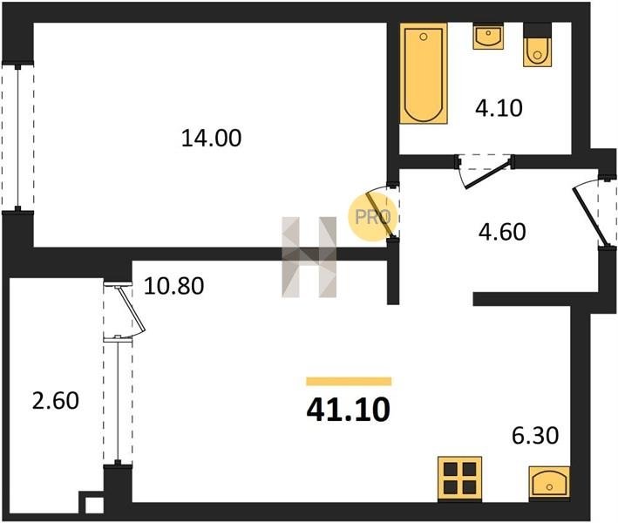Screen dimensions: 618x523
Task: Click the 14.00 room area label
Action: [x=211, y=139]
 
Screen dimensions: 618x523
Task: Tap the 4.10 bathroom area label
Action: [x=499, y=108]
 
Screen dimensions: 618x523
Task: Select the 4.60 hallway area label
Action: [x=502, y=232]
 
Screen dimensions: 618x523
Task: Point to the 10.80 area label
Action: [x=173, y=286]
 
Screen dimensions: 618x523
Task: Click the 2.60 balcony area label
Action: [x=56, y=400]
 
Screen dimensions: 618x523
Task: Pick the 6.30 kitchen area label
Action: [x=535, y=436]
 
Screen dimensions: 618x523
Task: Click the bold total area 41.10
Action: [x=349, y=410]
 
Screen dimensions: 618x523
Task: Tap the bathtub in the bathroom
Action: [x=424, y=73]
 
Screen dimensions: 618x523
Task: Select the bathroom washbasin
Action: [x=488, y=37]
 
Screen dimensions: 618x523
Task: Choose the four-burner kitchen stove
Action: [x=459, y=479]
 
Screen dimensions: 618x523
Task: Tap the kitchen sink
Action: [x=549, y=482]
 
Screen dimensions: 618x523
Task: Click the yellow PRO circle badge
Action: [x=372, y=216]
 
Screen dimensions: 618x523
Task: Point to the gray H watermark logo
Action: [x=309, y=257]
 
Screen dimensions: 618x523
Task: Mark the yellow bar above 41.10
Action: [x=349, y=381]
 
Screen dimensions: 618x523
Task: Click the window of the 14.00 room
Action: [x=17, y=137]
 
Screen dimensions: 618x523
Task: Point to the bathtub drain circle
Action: [x=424, y=37]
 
